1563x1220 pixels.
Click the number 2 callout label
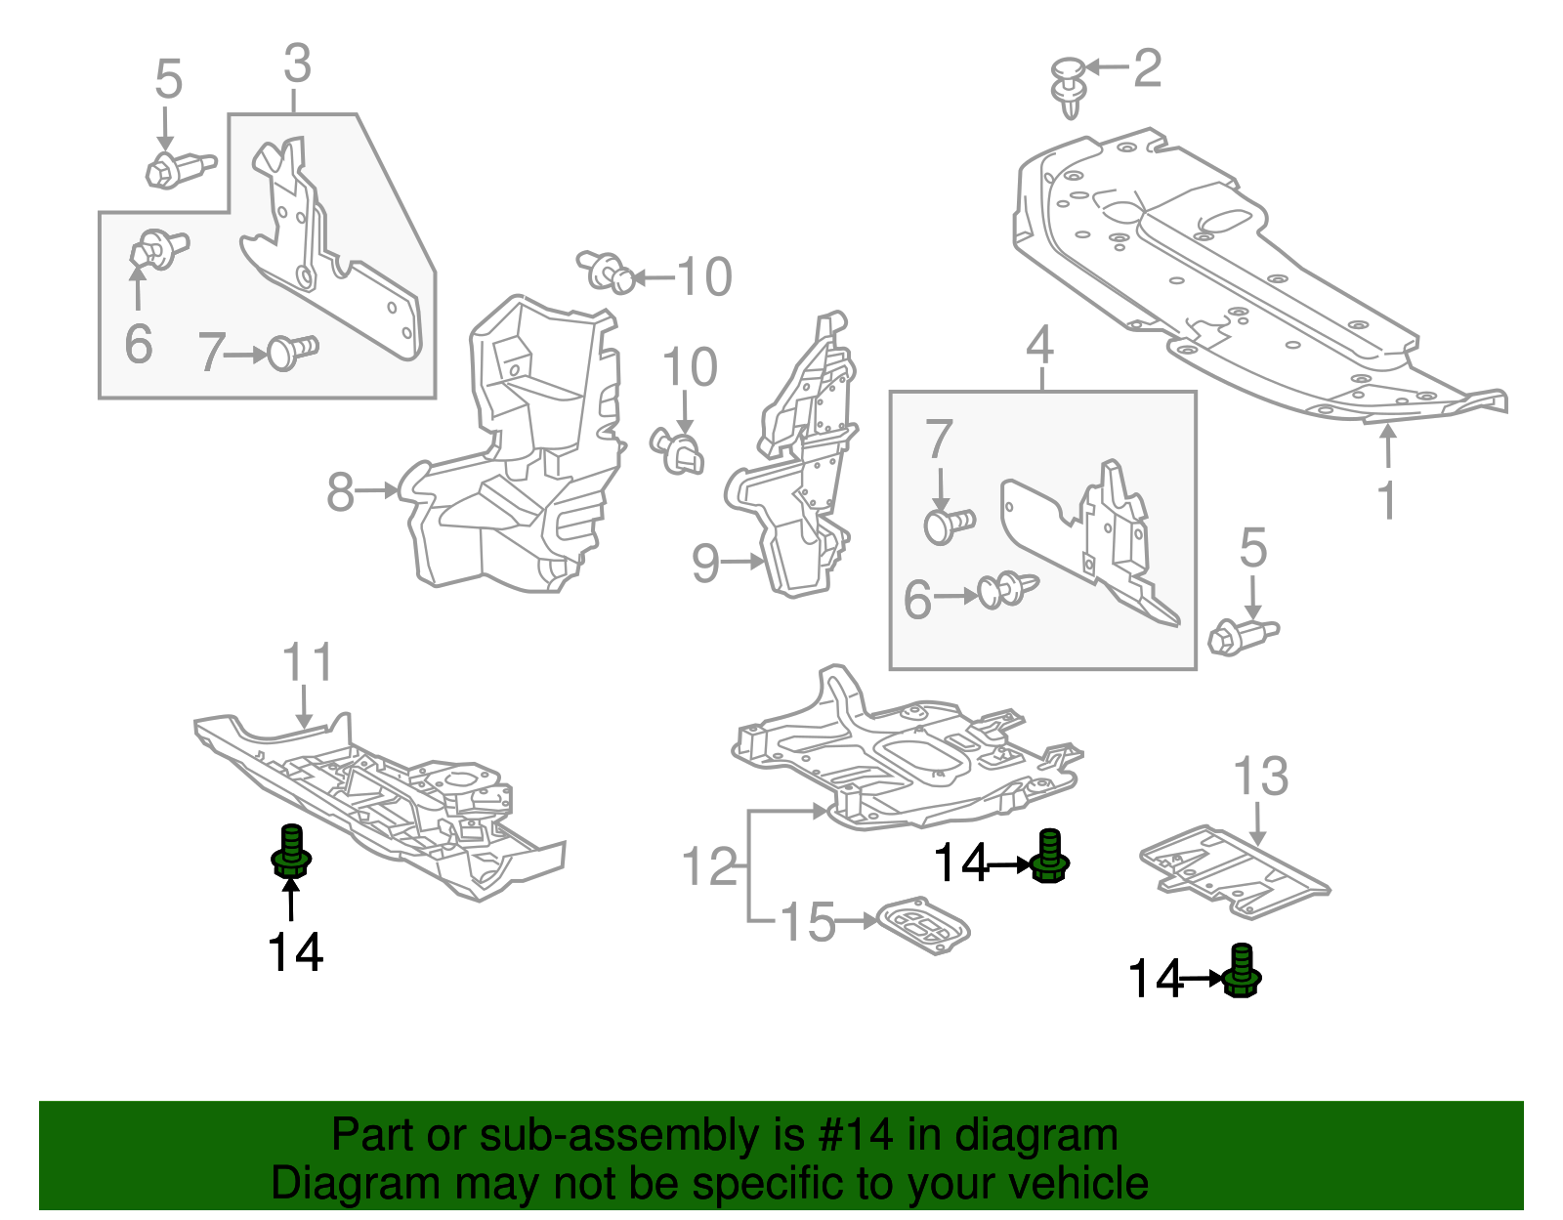tap(1147, 68)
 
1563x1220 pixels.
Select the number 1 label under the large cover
tap(1386, 500)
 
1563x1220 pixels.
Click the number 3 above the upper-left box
tap(297, 64)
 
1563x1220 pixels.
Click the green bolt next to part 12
tap(1049, 857)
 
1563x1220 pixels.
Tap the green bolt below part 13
tap(1242, 972)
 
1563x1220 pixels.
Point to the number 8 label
tap(340, 492)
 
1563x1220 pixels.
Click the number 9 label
tap(705, 564)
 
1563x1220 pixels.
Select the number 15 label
tap(809, 922)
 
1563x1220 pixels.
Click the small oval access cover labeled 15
tap(923, 925)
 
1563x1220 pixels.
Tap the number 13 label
tap(1260, 778)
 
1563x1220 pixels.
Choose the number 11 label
tap(307, 663)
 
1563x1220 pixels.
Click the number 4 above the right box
tap(1040, 346)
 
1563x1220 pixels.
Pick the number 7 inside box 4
tap(939, 440)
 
